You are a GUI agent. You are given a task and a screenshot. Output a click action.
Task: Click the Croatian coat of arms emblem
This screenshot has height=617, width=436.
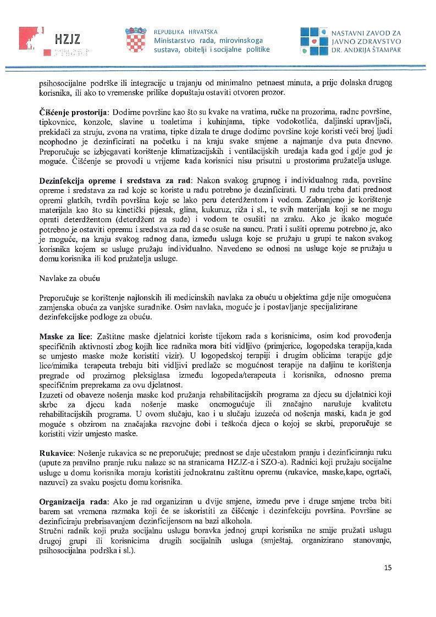[x=135, y=40]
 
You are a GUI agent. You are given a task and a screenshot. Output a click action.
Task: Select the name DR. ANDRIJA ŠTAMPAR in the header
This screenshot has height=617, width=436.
[x=366, y=49]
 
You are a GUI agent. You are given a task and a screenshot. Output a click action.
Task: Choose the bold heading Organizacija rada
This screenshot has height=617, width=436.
[x=74, y=502]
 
